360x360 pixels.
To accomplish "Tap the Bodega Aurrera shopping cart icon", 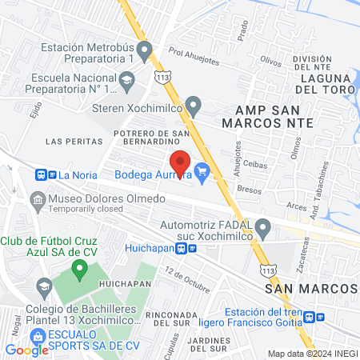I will pos(202,170).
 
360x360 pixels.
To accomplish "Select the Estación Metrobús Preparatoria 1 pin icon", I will pos(144,53).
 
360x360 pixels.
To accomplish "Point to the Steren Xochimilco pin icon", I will pos(192,105).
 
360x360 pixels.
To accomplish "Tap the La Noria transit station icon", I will pos(46,174).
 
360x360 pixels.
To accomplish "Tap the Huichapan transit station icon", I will pos(187,248).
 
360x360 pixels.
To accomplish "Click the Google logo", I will pos(26,350).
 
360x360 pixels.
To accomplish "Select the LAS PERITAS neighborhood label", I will pos(66,141).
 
